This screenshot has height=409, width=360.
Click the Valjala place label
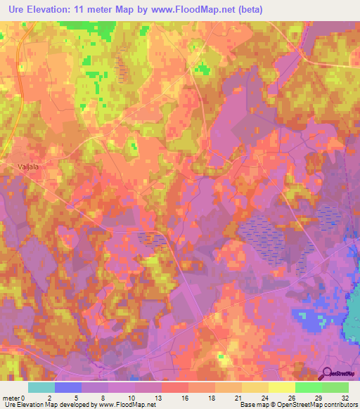pos(27,167)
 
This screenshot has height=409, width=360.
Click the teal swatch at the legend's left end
pos(41,387)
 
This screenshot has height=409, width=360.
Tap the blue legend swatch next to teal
pos(67,387)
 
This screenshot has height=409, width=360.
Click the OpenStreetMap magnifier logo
pos(326,372)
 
